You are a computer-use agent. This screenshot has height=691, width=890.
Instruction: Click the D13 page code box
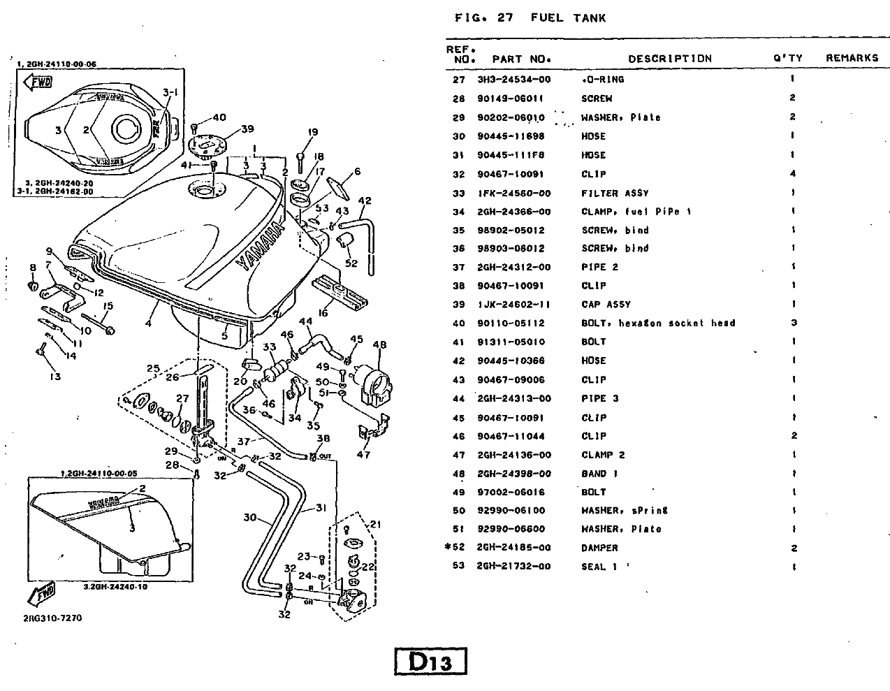point(430,661)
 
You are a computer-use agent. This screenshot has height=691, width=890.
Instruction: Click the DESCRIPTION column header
point(669,59)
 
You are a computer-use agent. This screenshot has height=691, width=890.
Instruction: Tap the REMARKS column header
point(852,58)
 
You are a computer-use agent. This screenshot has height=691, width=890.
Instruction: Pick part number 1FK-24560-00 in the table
point(513,194)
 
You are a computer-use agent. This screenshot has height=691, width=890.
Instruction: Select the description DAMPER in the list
point(599,548)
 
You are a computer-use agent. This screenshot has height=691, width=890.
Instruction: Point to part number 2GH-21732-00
point(513,566)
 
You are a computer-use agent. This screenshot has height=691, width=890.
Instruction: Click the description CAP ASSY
point(606,305)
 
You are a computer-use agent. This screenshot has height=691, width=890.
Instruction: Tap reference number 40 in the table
point(458,323)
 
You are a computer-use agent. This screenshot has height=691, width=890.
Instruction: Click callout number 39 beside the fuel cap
point(248,129)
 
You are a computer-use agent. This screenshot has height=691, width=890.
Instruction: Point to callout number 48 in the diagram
point(379,344)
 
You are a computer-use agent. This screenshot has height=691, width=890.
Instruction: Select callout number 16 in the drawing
point(322,314)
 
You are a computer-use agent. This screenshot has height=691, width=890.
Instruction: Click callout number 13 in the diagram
point(55,377)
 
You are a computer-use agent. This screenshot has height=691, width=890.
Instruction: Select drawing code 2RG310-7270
point(52,618)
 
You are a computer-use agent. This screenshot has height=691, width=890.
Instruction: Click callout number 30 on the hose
point(250,518)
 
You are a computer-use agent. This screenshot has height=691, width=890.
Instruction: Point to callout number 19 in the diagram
point(312,132)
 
